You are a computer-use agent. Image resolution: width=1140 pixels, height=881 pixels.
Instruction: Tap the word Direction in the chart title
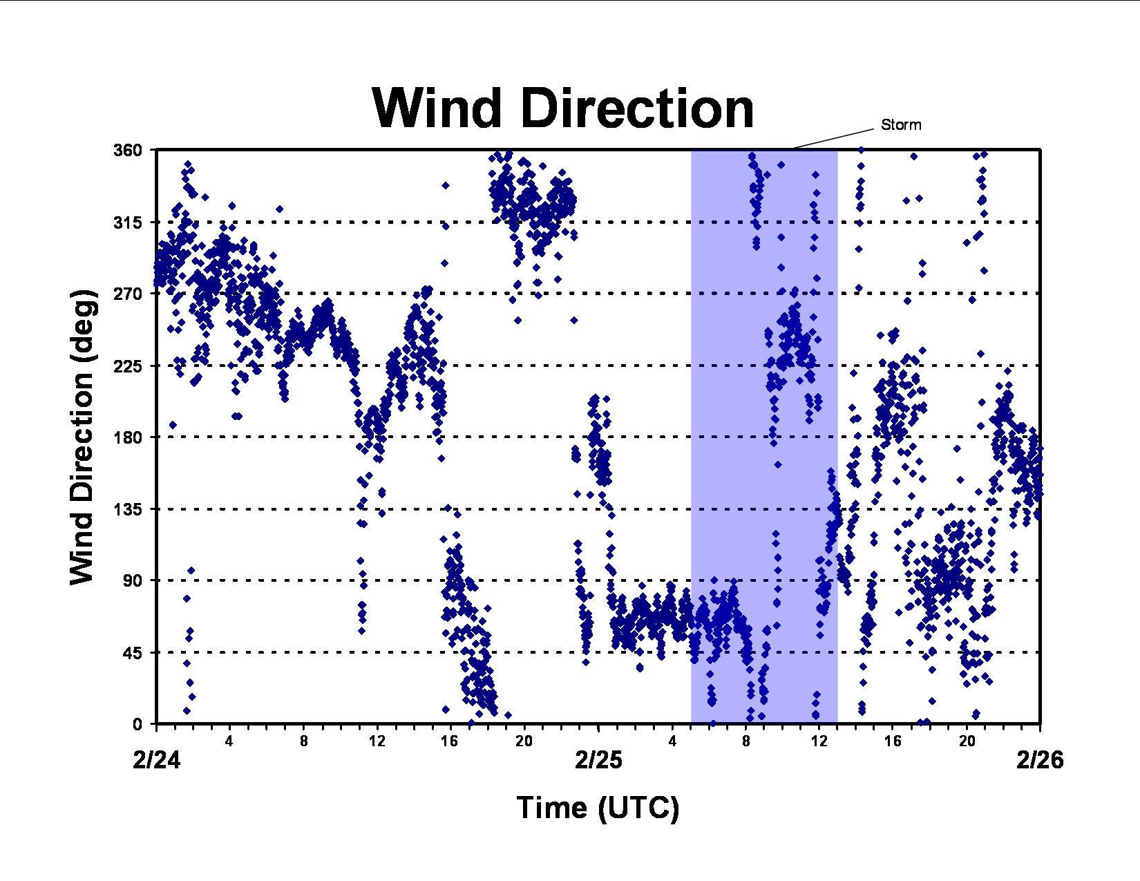pyautogui.click(x=638, y=108)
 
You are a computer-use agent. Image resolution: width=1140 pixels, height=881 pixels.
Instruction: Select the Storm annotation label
pyautogui.click(x=901, y=125)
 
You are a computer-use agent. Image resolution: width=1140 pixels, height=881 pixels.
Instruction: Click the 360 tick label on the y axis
pyautogui.click(x=128, y=151)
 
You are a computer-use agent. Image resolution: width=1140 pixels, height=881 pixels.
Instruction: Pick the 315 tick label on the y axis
pyautogui.click(x=128, y=222)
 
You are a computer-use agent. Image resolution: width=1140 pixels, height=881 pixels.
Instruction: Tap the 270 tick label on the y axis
pyautogui.click(x=128, y=294)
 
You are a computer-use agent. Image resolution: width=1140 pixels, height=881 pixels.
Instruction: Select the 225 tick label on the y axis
pyautogui.click(x=128, y=366)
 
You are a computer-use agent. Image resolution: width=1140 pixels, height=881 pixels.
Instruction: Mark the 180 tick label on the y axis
pyautogui.click(x=128, y=437)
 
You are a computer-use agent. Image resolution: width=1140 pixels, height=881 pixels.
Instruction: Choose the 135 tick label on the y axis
pyautogui.click(x=128, y=509)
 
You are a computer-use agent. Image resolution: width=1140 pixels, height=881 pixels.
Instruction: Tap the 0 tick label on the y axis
pyautogui.click(x=137, y=724)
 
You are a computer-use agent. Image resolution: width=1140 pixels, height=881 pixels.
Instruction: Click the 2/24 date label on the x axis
pyautogui.click(x=156, y=760)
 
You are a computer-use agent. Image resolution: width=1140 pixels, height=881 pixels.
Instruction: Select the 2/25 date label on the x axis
pyautogui.click(x=598, y=760)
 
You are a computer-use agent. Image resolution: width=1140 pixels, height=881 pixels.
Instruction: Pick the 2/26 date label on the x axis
pyautogui.click(x=1041, y=760)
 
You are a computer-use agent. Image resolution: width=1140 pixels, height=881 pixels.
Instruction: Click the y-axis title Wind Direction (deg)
pyautogui.click(x=82, y=437)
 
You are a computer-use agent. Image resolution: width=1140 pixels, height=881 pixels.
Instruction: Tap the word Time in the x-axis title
pyautogui.click(x=552, y=807)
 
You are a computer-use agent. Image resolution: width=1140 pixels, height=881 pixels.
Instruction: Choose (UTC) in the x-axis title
pyautogui.click(x=638, y=808)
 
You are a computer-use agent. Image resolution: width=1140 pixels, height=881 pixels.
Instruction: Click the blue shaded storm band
pyautogui.click(x=764, y=437)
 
